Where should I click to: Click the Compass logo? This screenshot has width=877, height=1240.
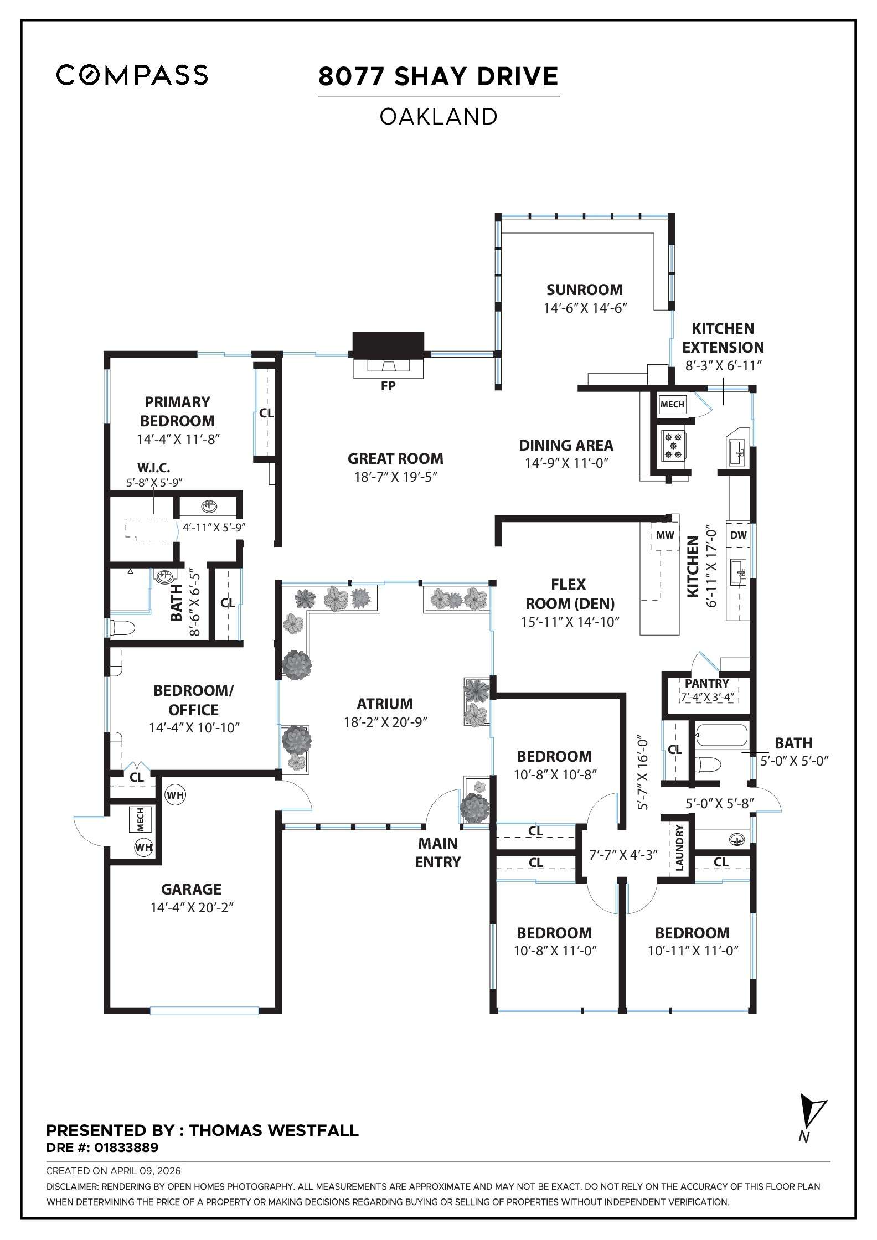132,75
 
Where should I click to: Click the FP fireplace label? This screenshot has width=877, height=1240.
388,386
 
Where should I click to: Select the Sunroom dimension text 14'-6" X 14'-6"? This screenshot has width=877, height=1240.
585,308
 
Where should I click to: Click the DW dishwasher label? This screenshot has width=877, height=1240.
738,535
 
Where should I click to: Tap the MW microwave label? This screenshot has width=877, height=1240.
665,535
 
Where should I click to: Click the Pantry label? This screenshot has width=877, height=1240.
706,683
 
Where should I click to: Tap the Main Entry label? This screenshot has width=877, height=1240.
437,852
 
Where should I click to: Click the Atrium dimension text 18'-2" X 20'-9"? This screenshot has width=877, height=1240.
385,722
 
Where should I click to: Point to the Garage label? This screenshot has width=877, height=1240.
191,889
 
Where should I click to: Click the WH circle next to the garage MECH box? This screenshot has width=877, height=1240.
144,847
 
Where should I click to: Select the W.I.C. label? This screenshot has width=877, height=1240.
153,468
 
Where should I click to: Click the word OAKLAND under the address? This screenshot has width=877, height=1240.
438,117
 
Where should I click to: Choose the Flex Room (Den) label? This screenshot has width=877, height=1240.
569,593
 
